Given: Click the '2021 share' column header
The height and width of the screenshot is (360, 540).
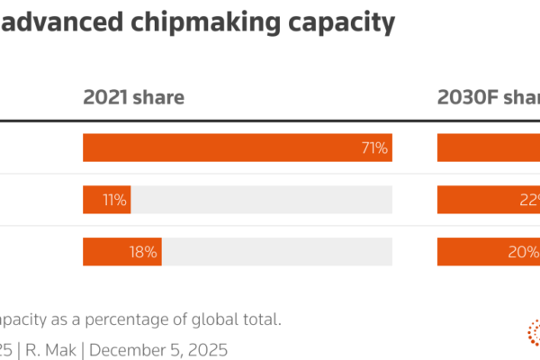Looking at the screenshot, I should (x=133, y=98).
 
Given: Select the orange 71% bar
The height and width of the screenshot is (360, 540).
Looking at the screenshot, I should (x=225, y=148).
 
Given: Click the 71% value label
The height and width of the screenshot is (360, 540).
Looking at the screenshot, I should (x=374, y=148).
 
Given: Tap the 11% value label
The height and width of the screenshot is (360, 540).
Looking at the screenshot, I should (x=114, y=200).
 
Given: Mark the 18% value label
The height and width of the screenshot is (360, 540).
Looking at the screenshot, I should (x=143, y=252).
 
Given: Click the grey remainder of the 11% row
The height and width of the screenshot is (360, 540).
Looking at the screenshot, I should (x=261, y=200).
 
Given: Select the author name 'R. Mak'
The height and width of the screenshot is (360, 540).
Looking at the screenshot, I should (x=54, y=348).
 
